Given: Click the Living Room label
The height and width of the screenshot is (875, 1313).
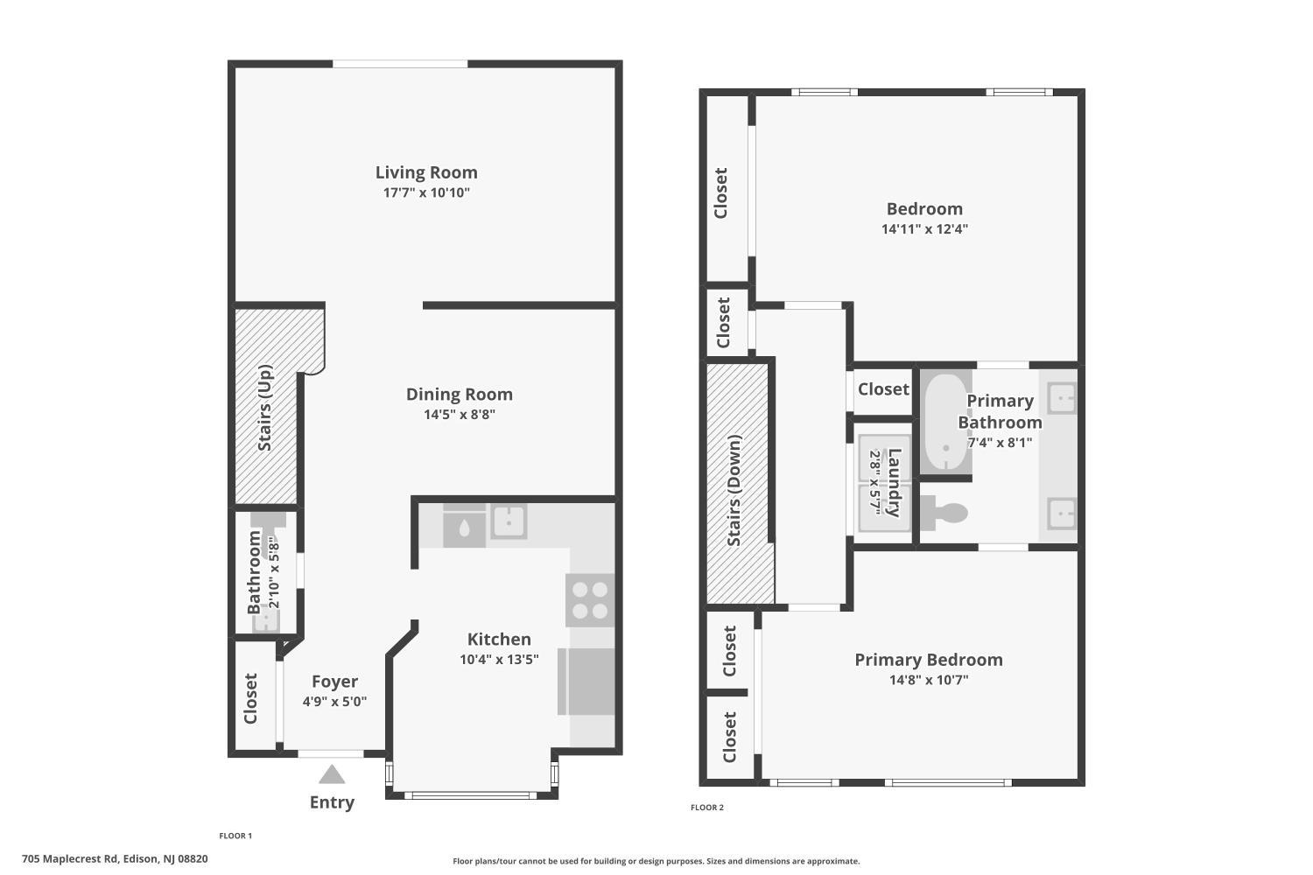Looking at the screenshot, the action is (426, 172).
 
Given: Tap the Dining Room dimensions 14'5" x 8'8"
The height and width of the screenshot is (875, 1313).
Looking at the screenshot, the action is (460, 415).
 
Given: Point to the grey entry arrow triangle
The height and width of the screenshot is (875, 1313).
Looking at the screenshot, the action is (332, 773).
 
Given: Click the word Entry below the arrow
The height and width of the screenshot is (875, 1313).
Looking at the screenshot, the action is (332, 802).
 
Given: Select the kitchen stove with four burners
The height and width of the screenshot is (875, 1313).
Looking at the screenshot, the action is (590, 600).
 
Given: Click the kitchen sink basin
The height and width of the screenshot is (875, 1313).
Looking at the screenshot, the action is (509, 521).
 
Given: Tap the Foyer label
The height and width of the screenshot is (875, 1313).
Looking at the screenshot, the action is (334, 681).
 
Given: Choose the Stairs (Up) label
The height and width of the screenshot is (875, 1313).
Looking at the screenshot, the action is (265, 408).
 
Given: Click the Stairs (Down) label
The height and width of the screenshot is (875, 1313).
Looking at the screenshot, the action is (734, 490).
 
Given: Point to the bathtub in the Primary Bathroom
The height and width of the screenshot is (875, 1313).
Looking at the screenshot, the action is (946, 422).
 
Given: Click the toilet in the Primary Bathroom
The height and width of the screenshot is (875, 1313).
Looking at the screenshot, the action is (944, 512).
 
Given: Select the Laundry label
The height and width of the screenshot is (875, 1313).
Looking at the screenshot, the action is (894, 482).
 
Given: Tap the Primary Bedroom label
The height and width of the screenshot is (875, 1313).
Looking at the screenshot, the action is (929, 660).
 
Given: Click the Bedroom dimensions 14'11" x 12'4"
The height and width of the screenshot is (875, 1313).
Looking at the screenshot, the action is (924, 229).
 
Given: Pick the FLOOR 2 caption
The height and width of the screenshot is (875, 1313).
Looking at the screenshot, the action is (707, 807).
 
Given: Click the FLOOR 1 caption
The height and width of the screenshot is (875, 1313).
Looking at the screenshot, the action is (235, 836).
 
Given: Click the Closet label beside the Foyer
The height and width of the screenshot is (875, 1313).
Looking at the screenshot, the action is (250, 698).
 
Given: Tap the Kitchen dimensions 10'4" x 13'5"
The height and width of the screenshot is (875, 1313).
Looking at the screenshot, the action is (499, 660).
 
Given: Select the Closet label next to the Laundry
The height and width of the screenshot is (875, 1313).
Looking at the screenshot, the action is (883, 389).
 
